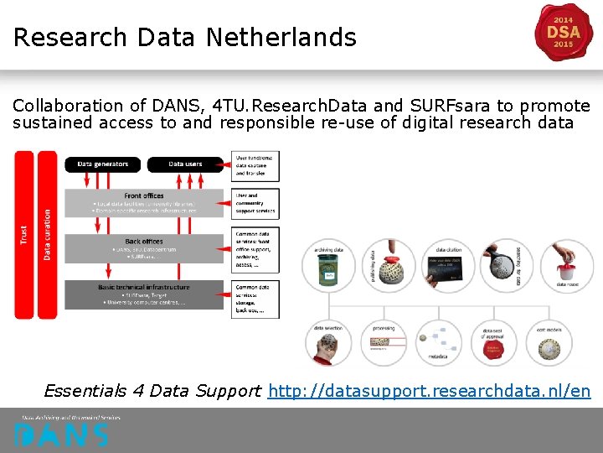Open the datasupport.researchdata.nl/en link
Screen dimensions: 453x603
coord(429,391)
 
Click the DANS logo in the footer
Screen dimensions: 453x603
coord(60,434)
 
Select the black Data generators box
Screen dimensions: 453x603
coord(102,164)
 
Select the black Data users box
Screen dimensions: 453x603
coord(185,164)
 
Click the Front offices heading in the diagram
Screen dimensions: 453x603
coord(144,195)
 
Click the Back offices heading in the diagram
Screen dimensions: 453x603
coord(144,242)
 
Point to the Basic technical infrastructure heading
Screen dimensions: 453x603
coord(144,288)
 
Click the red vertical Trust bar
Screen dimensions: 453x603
coord(23,235)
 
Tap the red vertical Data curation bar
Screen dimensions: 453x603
coord(48,235)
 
